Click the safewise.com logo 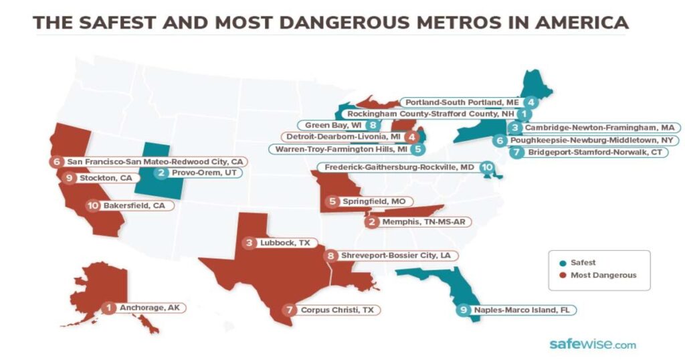pyautogui.click(x=592, y=345)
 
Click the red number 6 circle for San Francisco pyautogui.click(x=58, y=162)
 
